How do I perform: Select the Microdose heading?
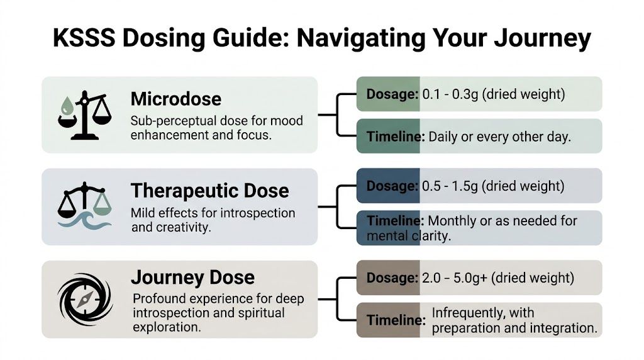tap(176, 99)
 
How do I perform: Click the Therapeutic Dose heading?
tap(210, 191)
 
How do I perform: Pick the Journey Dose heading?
tap(192, 277)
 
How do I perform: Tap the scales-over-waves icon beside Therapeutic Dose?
tap(84, 205)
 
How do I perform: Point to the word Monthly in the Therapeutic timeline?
tap(452, 221)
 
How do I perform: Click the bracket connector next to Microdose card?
tap(338, 115)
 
